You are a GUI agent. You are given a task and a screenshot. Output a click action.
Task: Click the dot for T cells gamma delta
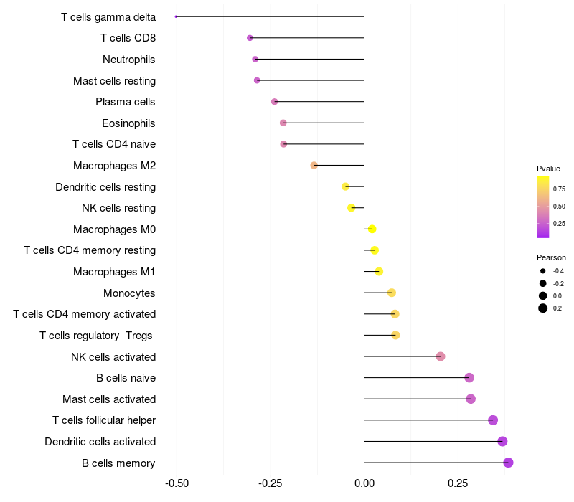[176, 16]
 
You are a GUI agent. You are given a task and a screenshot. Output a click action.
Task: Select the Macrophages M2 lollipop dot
[314, 166]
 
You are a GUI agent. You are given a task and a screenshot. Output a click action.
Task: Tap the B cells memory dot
[508, 463]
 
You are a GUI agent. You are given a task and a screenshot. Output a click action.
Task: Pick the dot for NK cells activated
[441, 356]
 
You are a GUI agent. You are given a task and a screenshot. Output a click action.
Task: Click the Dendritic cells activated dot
[502, 441]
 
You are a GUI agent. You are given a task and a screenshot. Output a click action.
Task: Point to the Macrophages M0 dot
[372, 229]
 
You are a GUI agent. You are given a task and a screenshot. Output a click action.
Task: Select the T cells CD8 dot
[250, 38]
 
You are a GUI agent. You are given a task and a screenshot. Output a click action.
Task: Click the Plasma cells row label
[125, 102]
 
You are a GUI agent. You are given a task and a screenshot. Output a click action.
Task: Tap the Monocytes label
[129, 293]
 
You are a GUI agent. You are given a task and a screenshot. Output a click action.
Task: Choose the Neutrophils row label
[129, 60]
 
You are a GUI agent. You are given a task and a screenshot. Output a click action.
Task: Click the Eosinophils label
[128, 123]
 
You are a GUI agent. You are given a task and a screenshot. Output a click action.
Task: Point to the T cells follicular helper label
[104, 420]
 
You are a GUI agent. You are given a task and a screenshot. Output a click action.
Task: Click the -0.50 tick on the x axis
[177, 483]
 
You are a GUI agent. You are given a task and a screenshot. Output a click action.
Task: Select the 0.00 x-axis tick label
[364, 483]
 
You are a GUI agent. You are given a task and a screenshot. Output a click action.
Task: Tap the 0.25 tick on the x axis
[458, 483]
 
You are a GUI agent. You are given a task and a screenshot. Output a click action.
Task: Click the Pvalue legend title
[548, 169]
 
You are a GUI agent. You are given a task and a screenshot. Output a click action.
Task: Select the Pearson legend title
[551, 257]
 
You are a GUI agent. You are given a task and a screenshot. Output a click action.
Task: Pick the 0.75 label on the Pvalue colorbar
[559, 189]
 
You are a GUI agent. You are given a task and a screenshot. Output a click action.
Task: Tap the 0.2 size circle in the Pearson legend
[543, 308]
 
